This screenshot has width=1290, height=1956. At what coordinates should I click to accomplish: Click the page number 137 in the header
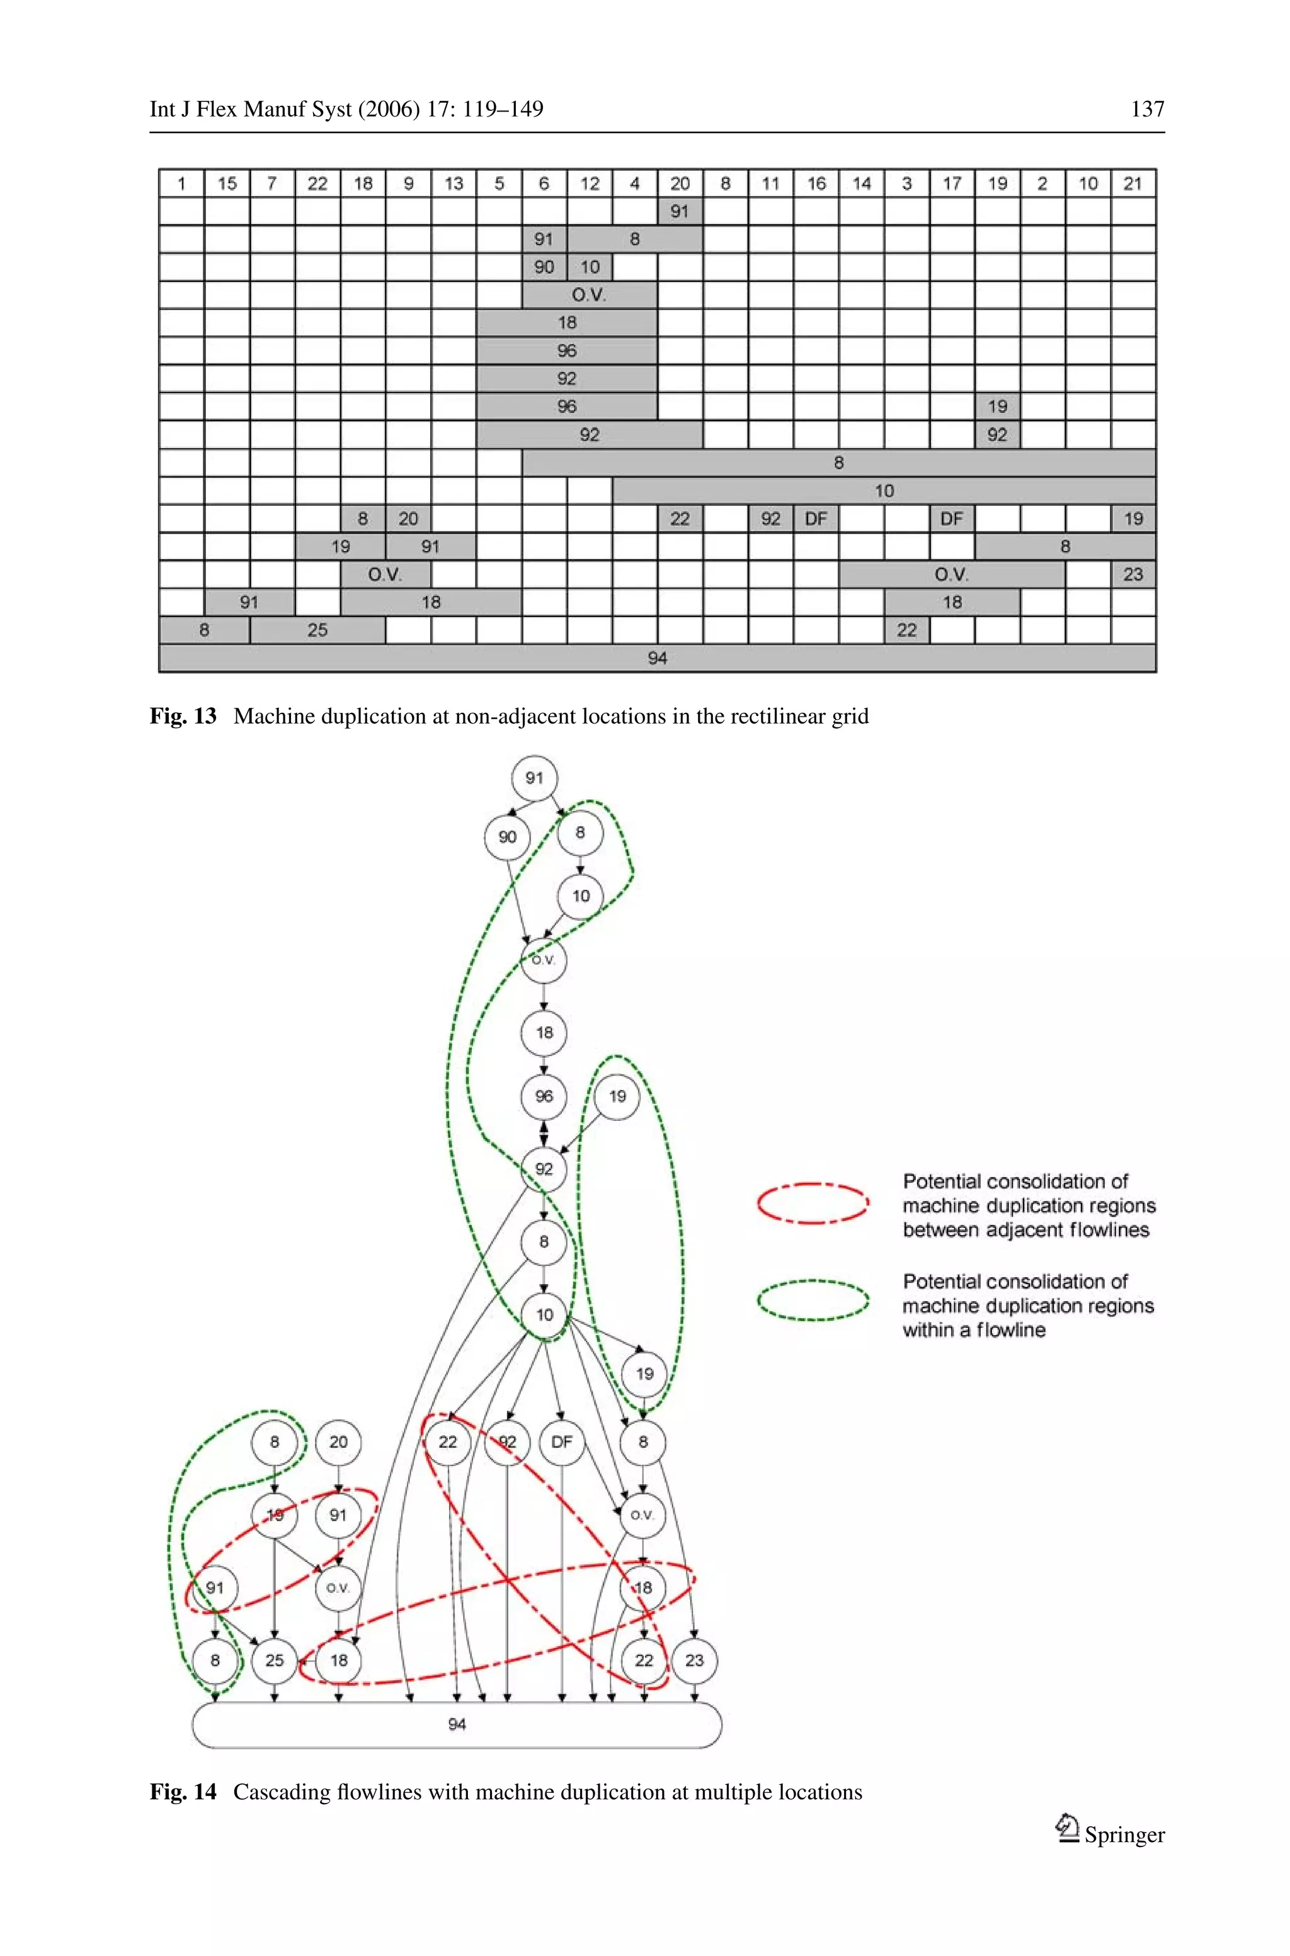1147,110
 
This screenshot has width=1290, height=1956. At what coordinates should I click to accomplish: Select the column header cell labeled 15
227,183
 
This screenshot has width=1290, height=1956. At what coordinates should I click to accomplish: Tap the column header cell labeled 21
1133,183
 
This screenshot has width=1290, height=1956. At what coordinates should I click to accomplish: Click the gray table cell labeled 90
544,267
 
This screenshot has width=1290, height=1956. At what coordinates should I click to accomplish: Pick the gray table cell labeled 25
317,630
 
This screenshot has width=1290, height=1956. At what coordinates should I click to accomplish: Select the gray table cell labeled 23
1133,574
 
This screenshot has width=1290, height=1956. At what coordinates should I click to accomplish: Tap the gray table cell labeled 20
408,519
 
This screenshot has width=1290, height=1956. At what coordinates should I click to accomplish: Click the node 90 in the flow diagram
507,836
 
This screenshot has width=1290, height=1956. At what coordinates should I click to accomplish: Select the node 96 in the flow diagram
544,1096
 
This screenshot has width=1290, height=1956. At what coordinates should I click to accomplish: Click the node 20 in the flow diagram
339,1442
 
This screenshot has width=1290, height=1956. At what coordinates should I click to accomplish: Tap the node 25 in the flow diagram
275,1661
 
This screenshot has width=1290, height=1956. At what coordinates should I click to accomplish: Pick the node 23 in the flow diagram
694,1661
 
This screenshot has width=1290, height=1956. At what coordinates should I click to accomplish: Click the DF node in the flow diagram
562,1442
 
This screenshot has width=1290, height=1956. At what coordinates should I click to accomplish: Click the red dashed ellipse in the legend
813,1204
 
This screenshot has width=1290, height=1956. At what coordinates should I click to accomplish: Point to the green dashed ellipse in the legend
813,1300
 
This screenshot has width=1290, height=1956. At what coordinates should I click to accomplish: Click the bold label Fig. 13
183,717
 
